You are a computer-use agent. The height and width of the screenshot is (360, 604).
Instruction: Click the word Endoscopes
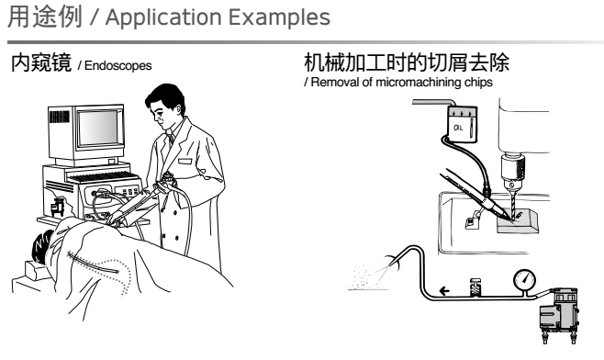tap(117, 66)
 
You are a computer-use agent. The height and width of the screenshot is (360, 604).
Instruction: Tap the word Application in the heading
tap(163, 17)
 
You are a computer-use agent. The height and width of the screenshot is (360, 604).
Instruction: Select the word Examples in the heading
tap(279, 17)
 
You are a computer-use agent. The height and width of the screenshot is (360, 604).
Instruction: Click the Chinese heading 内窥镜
tap(41, 62)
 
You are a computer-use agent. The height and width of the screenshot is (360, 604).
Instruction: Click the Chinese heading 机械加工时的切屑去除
tap(407, 62)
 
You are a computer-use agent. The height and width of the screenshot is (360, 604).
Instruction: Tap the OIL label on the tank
tap(458, 128)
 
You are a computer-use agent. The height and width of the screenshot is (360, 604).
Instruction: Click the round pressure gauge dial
tap(525, 280)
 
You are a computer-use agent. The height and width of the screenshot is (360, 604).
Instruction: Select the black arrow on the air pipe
tap(444, 290)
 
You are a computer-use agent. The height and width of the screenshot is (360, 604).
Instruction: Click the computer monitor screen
tap(97, 128)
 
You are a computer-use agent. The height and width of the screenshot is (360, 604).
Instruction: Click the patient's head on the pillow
tap(43, 247)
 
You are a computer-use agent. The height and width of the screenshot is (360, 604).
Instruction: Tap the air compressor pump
tap(559, 314)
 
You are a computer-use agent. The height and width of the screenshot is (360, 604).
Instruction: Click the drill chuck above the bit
tap(513, 172)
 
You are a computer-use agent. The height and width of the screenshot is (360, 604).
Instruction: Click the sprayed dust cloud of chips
tap(367, 276)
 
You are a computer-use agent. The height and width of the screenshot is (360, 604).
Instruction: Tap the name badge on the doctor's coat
tap(185, 161)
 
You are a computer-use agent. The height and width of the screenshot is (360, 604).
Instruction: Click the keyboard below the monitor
tap(103, 177)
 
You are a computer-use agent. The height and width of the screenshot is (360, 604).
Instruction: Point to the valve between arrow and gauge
tap(475, 287)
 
